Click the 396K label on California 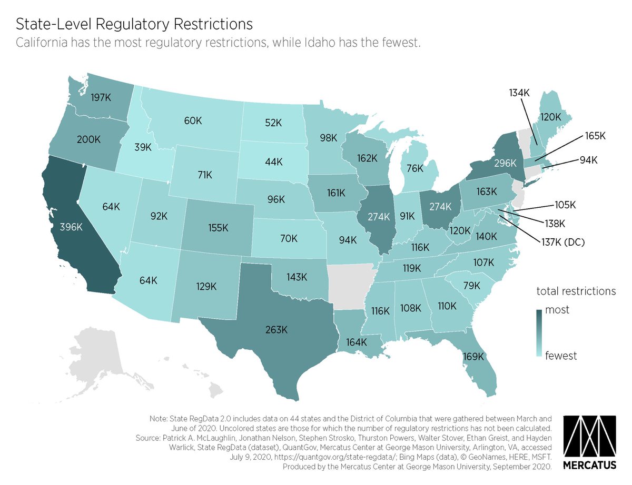pos(71,227)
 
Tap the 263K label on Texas pos(276,330)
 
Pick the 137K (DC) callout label pos(559,242)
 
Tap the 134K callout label pos(519,93)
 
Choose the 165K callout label pos(595,136)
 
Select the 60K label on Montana pos(193,120)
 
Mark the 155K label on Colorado pos(218,228)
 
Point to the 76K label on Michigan pos(416,169)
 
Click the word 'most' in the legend pos(557,310)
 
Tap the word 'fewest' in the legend pos(561,356)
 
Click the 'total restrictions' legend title pos(576,290)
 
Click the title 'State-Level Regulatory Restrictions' pos(134,24)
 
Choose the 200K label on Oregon pos(88,140)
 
